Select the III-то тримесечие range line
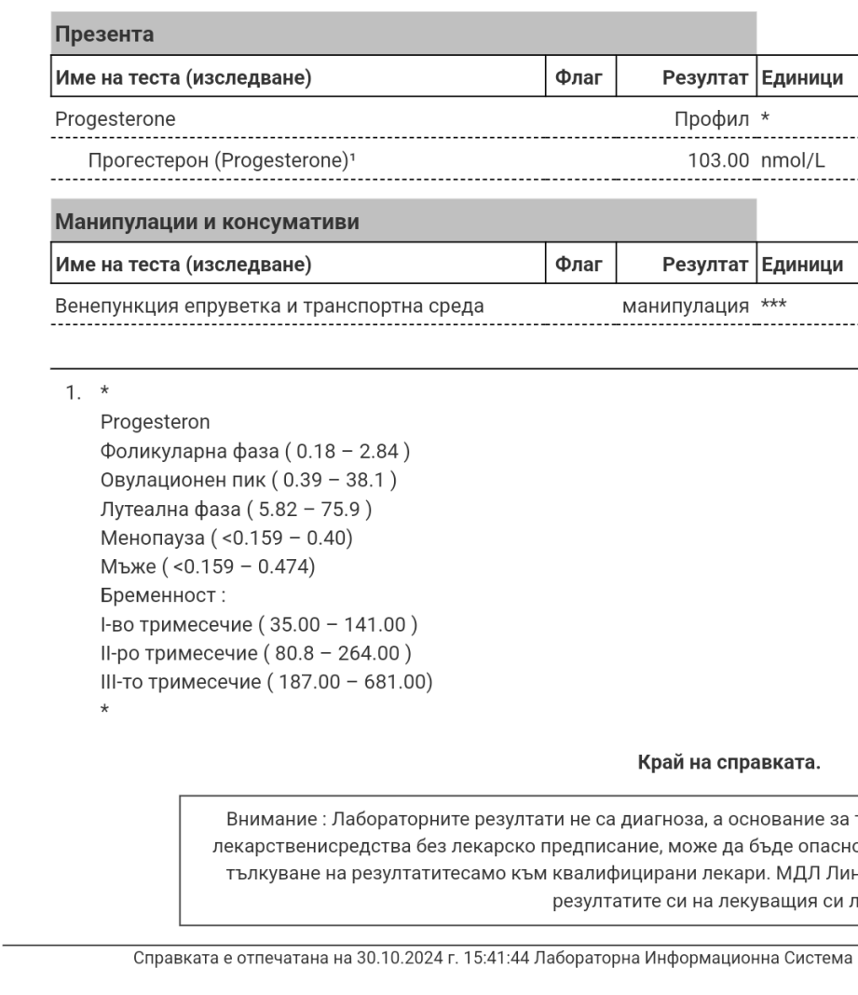click(266, 681)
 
